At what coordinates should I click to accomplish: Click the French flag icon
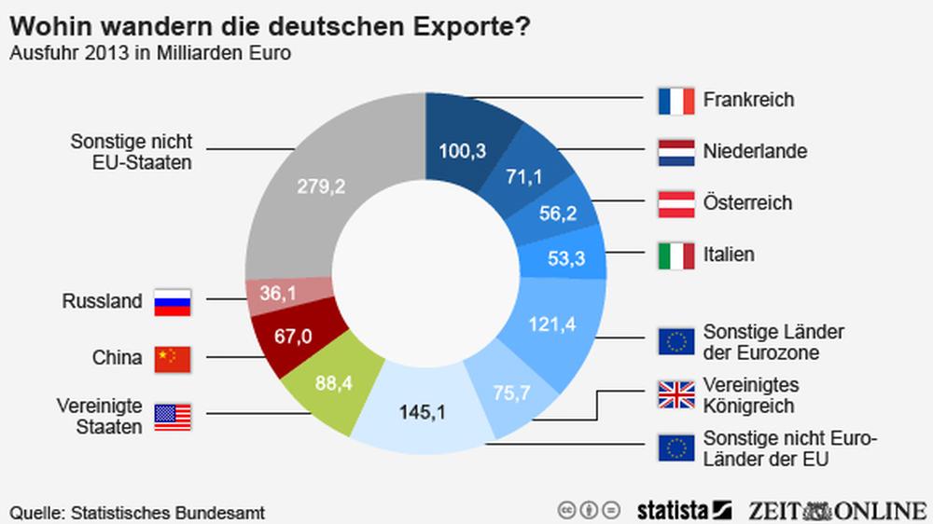675,100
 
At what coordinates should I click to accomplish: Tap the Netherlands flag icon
675,151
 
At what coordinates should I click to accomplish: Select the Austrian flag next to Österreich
675,202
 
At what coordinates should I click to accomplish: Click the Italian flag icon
675,254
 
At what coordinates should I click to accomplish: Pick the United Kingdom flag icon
675,394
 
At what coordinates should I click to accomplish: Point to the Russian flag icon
172,302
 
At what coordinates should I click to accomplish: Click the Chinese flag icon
172,358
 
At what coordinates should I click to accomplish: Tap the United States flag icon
172,417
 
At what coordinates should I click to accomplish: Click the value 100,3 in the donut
463,150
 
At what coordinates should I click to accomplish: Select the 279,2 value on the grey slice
321,186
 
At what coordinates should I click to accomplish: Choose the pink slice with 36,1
277,294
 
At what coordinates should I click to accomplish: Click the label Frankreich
748,100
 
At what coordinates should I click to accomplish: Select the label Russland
102,302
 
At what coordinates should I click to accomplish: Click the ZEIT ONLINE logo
836,509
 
